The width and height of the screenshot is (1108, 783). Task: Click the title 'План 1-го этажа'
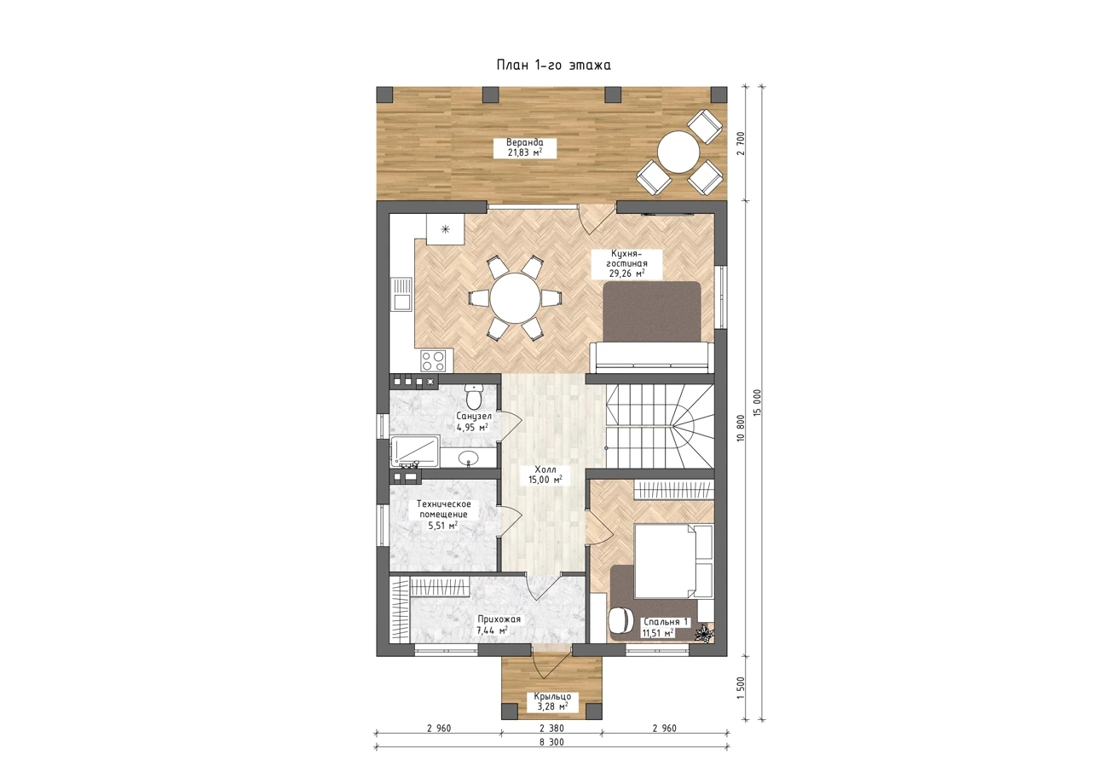[553, 65]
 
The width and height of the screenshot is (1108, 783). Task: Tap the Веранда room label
[525, 147]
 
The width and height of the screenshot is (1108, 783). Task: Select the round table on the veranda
[678, 152]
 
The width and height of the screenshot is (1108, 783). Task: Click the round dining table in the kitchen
[515, 298]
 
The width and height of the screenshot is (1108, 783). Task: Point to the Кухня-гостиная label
[626, 263]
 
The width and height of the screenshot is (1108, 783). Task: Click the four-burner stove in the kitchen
[433, 360]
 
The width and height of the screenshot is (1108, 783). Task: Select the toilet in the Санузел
[473, 396]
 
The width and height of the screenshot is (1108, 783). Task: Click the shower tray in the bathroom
[414, 452]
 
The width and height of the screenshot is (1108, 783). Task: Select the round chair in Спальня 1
[620, 619]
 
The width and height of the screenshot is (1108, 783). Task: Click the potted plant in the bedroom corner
[703, 634]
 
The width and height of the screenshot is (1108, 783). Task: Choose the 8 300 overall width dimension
[552, 742]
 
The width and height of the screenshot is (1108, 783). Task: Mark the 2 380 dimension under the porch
[551, 728]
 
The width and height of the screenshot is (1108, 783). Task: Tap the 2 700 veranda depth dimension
[741, 144]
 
